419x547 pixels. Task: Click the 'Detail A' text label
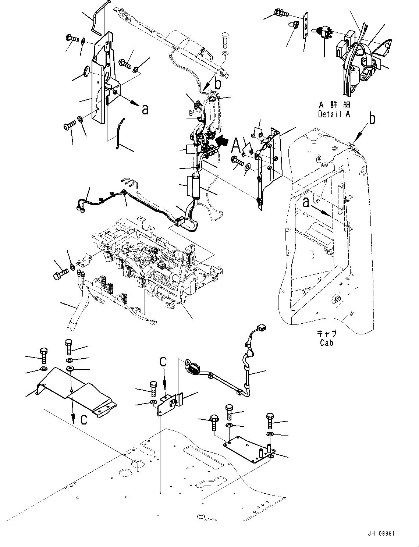pos(334,114)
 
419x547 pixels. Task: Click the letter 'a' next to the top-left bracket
pos(146,109)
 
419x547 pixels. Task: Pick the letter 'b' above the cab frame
pos(373,120)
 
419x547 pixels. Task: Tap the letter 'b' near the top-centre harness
pos(218,85)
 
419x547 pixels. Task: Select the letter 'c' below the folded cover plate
pos(84,419)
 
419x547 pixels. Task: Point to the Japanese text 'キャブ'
pos(327,334)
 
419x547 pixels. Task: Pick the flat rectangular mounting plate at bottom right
pos(246,446)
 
